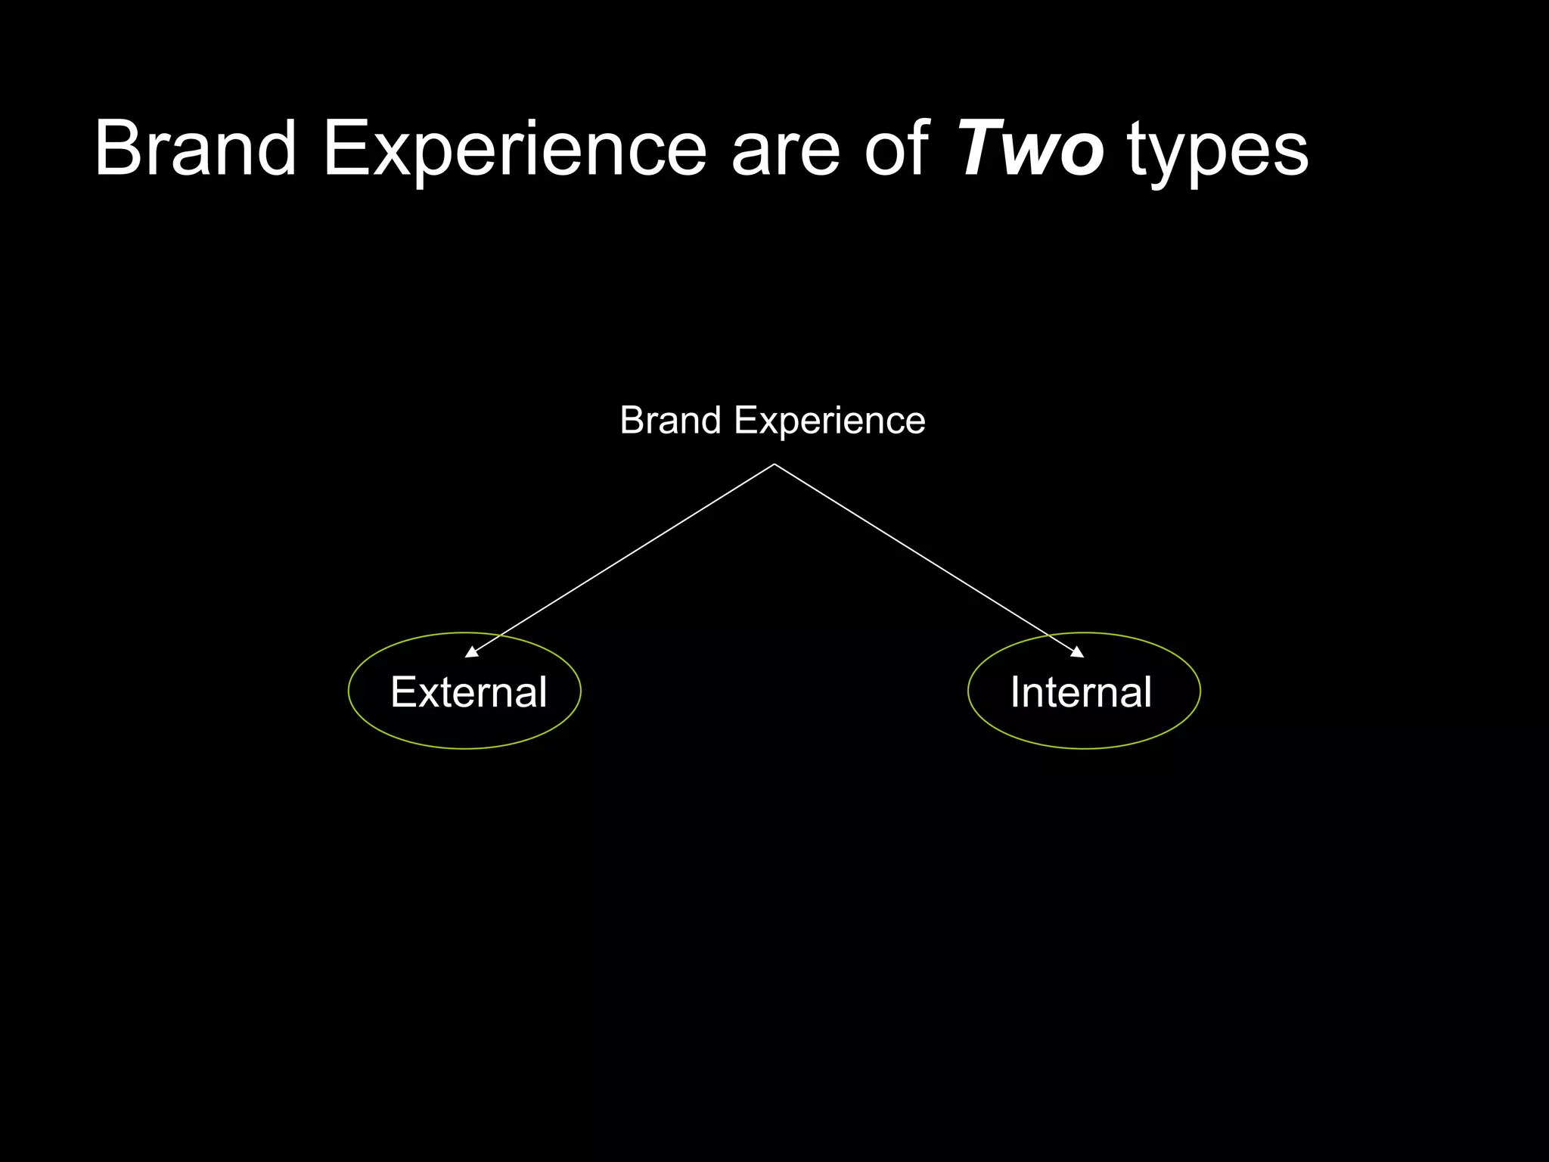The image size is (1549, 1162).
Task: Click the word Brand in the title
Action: [195, 149]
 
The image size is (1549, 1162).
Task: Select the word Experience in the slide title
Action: [514, 149]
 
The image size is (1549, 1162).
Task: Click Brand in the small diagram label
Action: [670, 421]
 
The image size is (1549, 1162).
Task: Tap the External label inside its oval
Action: [468, 692]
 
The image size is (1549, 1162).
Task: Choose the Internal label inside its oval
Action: [1081, 692]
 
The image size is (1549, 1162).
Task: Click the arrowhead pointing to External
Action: [472, 652]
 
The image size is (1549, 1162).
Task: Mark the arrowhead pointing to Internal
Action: [1077, 652]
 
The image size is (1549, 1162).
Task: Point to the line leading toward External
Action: [620, 560]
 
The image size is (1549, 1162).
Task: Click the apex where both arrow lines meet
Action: [774, 464]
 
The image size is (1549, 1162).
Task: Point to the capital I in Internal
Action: [1016, 692]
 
